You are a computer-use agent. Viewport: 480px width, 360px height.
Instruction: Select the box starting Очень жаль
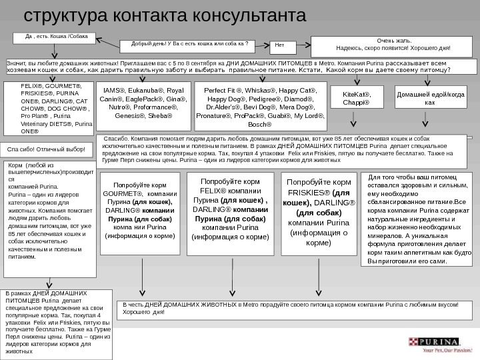tap(394, 44)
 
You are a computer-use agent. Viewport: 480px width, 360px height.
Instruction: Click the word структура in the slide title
tap(60, 15)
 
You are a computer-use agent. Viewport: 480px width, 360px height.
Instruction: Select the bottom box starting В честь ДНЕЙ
tap(291, 314)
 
